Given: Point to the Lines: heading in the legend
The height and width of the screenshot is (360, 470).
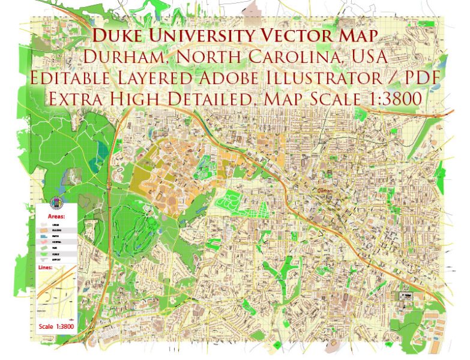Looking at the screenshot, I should pyautogui.click(x=45, y=268).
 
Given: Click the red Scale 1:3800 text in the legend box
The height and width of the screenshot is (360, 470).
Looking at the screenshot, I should pyautogui.click(x=55, y=327).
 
